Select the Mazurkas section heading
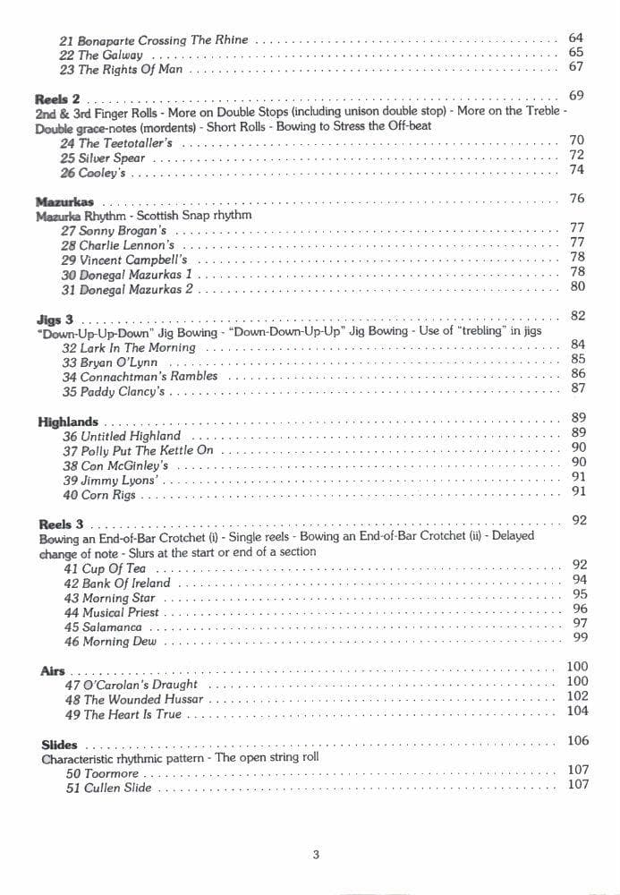tap(64, 202)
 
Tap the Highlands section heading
tap(68, 422)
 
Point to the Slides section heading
tap(59, 745)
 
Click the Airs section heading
tap(53, 670)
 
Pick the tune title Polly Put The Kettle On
tap(148, 451)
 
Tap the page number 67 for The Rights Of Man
tap(575, 67)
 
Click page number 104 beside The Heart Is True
tap(578, 712)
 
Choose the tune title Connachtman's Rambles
tap(149, 377)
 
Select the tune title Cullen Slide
tap(118, 788)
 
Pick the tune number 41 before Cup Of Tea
tap(72, 568)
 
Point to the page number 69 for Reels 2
tap(576, 96)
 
